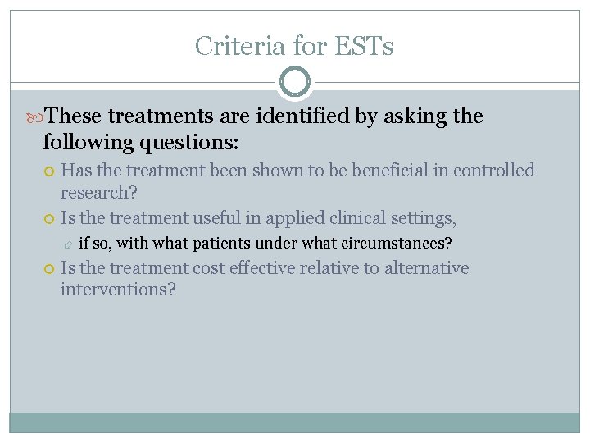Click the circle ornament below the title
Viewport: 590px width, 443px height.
295,83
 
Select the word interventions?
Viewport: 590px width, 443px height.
118,290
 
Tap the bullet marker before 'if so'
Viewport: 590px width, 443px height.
69,244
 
